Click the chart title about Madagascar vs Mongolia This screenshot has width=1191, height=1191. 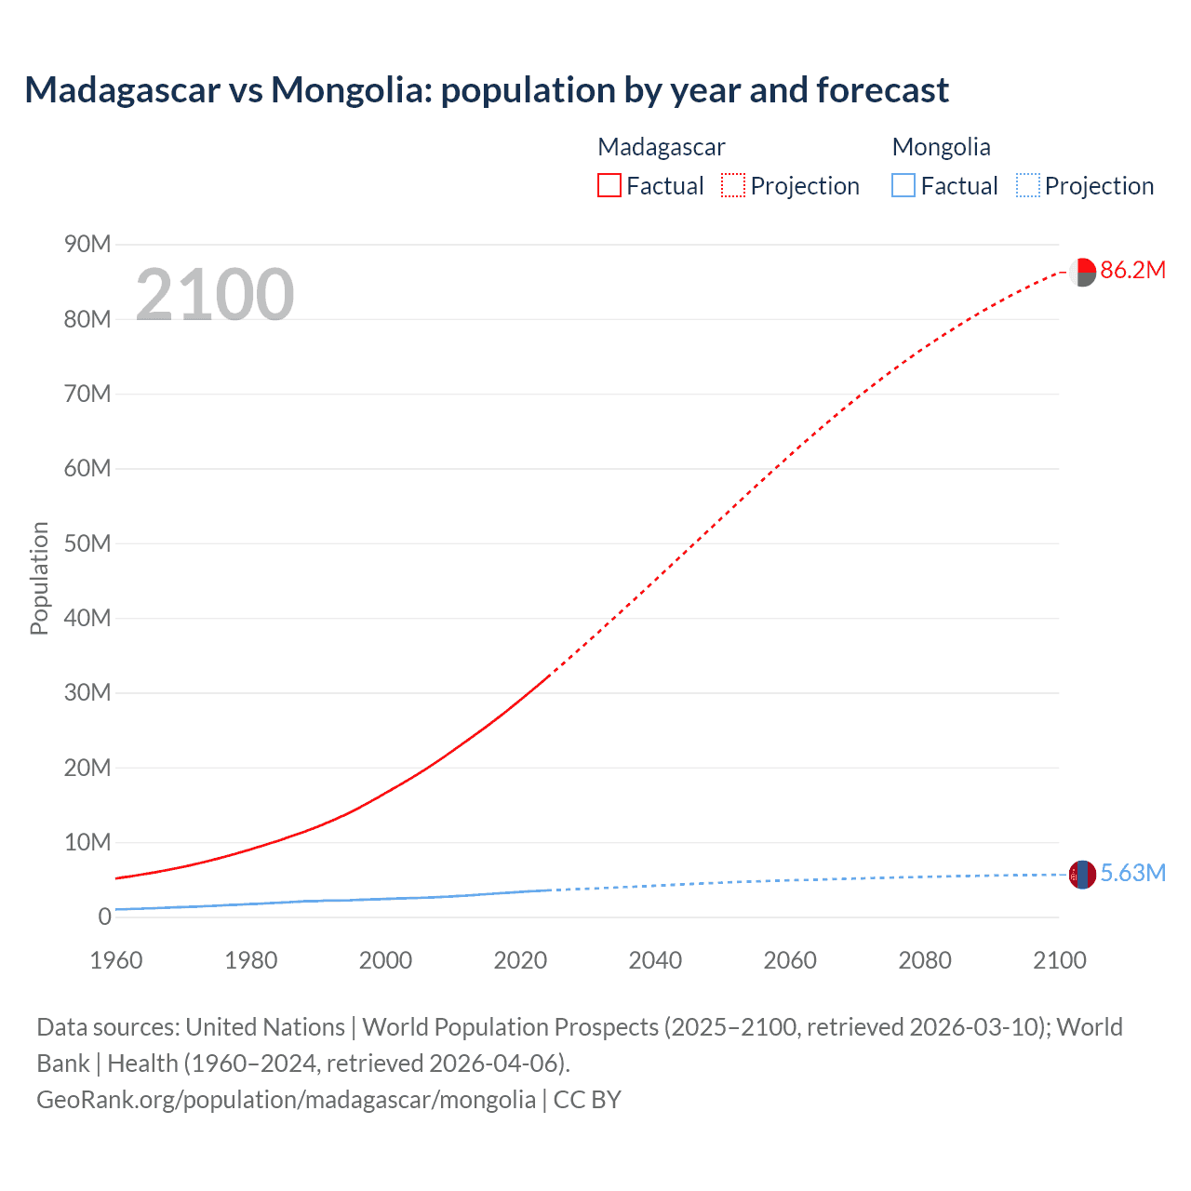pyautogui.click(x=487, y=90)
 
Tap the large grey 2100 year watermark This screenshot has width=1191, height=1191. pyautogui.click(x=215, y=295)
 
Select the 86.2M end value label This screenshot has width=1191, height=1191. pyautogui.click(x=1132, y=271)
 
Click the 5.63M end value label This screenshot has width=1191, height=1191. pyautogui.click(x=1132, y=873)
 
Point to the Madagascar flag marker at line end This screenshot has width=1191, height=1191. pyautogui.click(x=1082, y=273)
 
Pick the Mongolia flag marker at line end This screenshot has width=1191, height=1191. pyautogui.click(x=1082, y=875)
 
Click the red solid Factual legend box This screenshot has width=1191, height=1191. pyautogui.click(x=609, y=186)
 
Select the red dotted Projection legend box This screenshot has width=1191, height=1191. pyautogui.click(x=733, y=186)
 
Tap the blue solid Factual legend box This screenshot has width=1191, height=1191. pyautogui.click(x=903, y=186)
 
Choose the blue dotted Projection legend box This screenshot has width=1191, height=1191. pyautogui.click(x=1027, y=186)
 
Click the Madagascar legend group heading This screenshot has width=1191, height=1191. pyautogui.click(x=661, y=147)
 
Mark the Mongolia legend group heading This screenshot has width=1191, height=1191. pyautogui.click(x=941, y=147)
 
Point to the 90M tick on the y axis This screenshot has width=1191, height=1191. pyautogui.click(x=87, y=245)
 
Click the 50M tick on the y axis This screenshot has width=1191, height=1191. pyautogui.click(x=87, y=543)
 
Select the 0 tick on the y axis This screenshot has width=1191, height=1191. pyautogui.click(x=104, y=917)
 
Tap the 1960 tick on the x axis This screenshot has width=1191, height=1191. pyautogui.click(x=116, y=960)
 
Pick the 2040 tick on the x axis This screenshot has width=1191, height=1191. pyautogui.click(x=655, y=960)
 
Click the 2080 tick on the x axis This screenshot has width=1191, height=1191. pyautogui.click(x=925, y=960)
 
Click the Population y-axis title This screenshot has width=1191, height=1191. pyautogui.click(x=39, y=578)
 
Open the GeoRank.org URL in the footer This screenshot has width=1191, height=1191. pyautogui.click(x=286, y=1100)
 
